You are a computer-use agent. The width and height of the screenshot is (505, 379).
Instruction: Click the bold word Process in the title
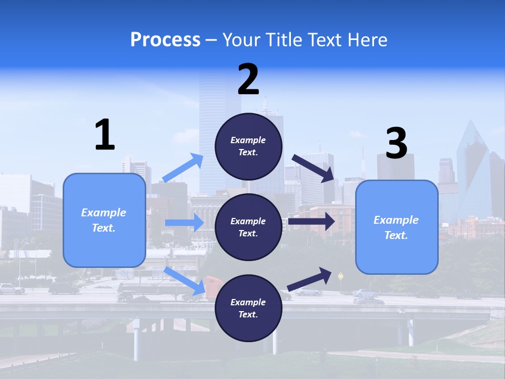pos(165,39)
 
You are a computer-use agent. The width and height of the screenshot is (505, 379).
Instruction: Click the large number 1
pos(105,135)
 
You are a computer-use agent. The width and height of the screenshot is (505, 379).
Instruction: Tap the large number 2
pos(248,79)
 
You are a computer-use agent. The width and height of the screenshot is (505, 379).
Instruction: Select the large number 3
pos(397,143)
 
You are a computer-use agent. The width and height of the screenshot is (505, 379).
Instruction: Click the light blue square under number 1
pos(104,220)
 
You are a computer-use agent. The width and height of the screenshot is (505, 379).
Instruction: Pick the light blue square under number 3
pos(397,227)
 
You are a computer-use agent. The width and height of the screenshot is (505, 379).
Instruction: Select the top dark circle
pos(248,146)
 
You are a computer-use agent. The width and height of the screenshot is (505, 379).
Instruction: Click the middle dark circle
pos(248,227)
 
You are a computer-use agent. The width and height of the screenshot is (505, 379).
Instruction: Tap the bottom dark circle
pos(248,308)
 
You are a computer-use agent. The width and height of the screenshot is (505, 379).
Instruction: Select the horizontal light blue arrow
pos(184,223)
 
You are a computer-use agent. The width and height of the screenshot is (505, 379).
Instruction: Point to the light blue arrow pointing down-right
pos(184,281)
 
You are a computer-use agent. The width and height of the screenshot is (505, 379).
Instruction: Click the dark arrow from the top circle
pos(313,168)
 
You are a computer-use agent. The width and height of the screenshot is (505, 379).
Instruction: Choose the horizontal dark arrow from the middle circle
pos(311,222)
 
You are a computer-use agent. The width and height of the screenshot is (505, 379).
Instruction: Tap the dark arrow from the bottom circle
pos(310,279)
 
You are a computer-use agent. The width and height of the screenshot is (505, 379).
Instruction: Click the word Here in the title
pos(366,39)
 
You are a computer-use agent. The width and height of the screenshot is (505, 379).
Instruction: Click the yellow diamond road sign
pos(340,275)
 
